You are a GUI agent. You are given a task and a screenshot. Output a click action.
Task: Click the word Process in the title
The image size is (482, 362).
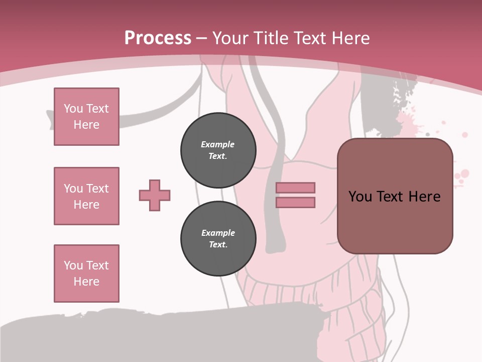158,38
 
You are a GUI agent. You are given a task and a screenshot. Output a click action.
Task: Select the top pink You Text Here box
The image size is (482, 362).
86,117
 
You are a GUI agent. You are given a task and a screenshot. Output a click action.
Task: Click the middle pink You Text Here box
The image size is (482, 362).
86,196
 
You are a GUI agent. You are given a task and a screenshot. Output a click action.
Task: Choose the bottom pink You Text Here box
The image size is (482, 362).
86,274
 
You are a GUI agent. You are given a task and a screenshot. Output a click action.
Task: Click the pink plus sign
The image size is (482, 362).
155,196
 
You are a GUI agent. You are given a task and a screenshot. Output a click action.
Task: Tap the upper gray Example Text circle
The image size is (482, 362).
218,150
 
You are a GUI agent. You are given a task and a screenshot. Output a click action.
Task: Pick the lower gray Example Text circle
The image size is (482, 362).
218,239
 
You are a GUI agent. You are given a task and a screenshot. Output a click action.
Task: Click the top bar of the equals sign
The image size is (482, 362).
296,188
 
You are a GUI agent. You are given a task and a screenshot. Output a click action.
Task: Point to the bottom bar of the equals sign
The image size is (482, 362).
296,202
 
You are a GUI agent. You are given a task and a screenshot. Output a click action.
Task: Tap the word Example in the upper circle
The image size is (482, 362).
218,144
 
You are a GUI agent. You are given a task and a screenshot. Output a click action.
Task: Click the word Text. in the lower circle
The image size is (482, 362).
218,245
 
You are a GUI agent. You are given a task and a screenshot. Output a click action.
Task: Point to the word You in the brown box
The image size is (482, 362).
360,197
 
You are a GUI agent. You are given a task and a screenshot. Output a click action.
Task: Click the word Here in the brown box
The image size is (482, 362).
424,197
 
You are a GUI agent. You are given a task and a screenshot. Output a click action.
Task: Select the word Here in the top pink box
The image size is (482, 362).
86,125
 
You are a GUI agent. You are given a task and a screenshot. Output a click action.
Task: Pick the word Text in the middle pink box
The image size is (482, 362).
97,189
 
